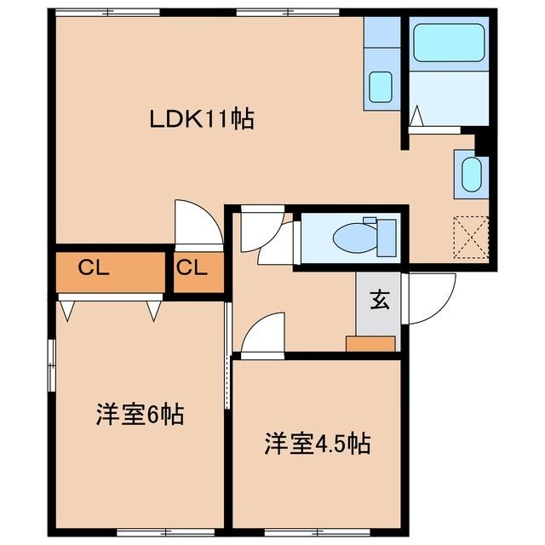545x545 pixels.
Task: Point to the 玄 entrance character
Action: point(379,300)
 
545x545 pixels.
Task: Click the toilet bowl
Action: point(350,238)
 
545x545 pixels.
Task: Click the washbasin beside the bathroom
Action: point(470,175)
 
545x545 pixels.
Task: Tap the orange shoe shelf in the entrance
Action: point(371,343)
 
